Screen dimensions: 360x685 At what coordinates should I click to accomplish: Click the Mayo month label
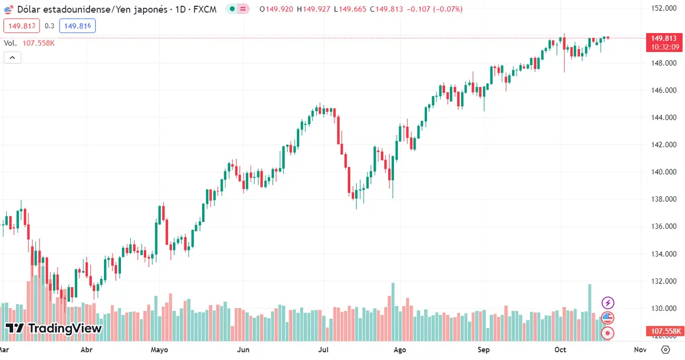pyautogui.click(x=160, y=350)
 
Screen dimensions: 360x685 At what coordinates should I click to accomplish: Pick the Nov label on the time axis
pyautogui.click(x=640, y=350)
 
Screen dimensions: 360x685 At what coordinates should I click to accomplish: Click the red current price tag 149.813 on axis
pyautogui.click(x=663, y=38)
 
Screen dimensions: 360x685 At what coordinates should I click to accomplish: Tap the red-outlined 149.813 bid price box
pyautogui.click(x=21, y=26)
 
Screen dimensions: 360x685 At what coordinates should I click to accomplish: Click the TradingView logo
pyautogui.click(x=54, y=329)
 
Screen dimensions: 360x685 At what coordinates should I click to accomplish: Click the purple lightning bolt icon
pyautogui.click(x=609, y=303)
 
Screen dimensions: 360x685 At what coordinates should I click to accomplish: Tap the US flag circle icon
pyautogui.click(x=609, y=318)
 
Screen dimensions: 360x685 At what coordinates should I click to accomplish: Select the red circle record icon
pyautogui.click(x=609, y=333)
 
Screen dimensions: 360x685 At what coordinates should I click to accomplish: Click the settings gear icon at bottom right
pyautogui.click(x=665, y=350)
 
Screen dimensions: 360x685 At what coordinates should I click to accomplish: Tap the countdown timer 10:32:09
pyautogui.click(x=663, y=47)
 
